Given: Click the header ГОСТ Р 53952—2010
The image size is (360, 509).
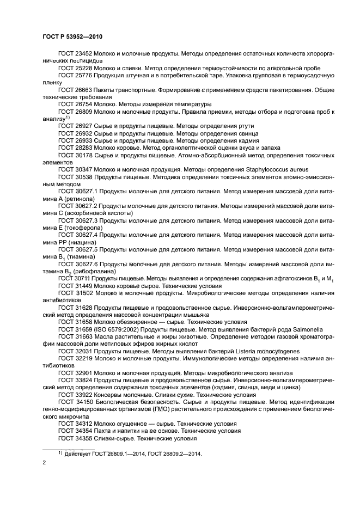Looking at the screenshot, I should click(72, 36).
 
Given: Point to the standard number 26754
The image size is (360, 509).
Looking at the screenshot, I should click(84, 103).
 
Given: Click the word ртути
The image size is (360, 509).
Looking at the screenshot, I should click(240, 126).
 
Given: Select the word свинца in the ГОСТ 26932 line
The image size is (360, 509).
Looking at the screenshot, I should click(242, 133).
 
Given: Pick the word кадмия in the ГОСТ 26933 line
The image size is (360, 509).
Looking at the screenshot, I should click(242, 140).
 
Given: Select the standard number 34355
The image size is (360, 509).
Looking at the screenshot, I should click(84, 437).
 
